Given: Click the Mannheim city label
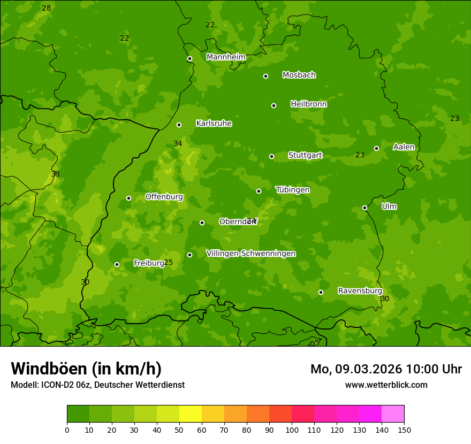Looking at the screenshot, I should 226,57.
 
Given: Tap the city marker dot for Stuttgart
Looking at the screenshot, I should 271,156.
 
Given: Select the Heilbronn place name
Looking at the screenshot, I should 308,104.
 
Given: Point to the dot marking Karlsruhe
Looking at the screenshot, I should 179,125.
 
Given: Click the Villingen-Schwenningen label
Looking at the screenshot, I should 250,254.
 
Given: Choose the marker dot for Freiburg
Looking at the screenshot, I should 117,264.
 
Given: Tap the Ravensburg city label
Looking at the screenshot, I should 360,291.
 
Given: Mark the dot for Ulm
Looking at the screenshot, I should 364,208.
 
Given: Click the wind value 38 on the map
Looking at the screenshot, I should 55,174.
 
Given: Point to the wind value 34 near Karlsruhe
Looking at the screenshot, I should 178,143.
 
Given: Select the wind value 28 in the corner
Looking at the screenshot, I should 47,8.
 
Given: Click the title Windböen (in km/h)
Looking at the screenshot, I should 86,369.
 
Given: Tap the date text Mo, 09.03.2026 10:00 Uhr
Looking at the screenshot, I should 386,369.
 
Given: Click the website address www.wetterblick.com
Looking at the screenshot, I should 386,385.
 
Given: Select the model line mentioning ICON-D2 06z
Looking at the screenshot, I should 97,385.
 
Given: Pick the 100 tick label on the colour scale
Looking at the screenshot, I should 292,430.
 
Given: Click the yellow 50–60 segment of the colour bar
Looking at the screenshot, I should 191,414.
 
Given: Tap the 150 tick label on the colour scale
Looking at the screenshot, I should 404,430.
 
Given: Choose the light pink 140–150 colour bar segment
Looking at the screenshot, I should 393,414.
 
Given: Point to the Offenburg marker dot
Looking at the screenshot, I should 128,198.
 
